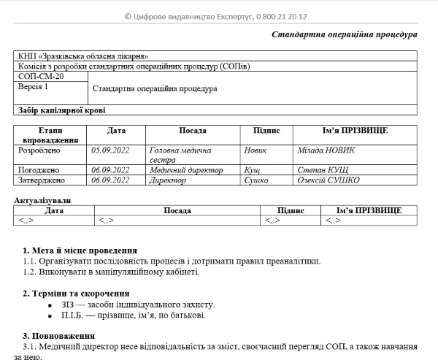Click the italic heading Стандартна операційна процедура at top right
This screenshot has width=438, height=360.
[344, 34]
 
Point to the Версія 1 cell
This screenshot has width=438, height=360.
[33, 87]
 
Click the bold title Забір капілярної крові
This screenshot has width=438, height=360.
[61, 110]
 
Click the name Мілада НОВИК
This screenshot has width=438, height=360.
[326, 150]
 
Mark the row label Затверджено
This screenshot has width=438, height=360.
[41, 180]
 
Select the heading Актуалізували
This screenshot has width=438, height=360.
[43, 200]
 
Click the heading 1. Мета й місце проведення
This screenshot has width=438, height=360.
[80, 250]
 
